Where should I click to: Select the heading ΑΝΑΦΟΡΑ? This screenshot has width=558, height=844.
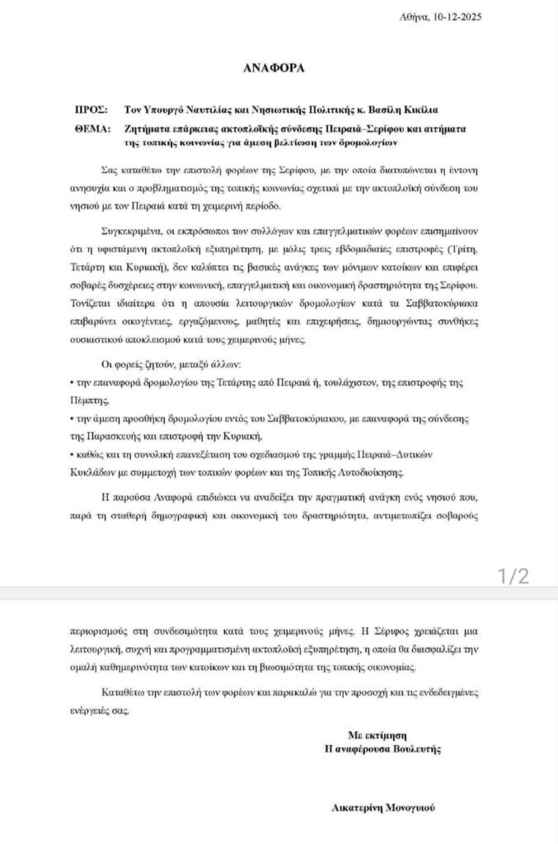(x=278, y=68)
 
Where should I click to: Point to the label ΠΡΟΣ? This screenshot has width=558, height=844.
(x=90, y=109)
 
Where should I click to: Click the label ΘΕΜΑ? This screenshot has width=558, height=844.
(x=92, y=128)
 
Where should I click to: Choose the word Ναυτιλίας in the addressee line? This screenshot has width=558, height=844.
(x=199, y=109)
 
